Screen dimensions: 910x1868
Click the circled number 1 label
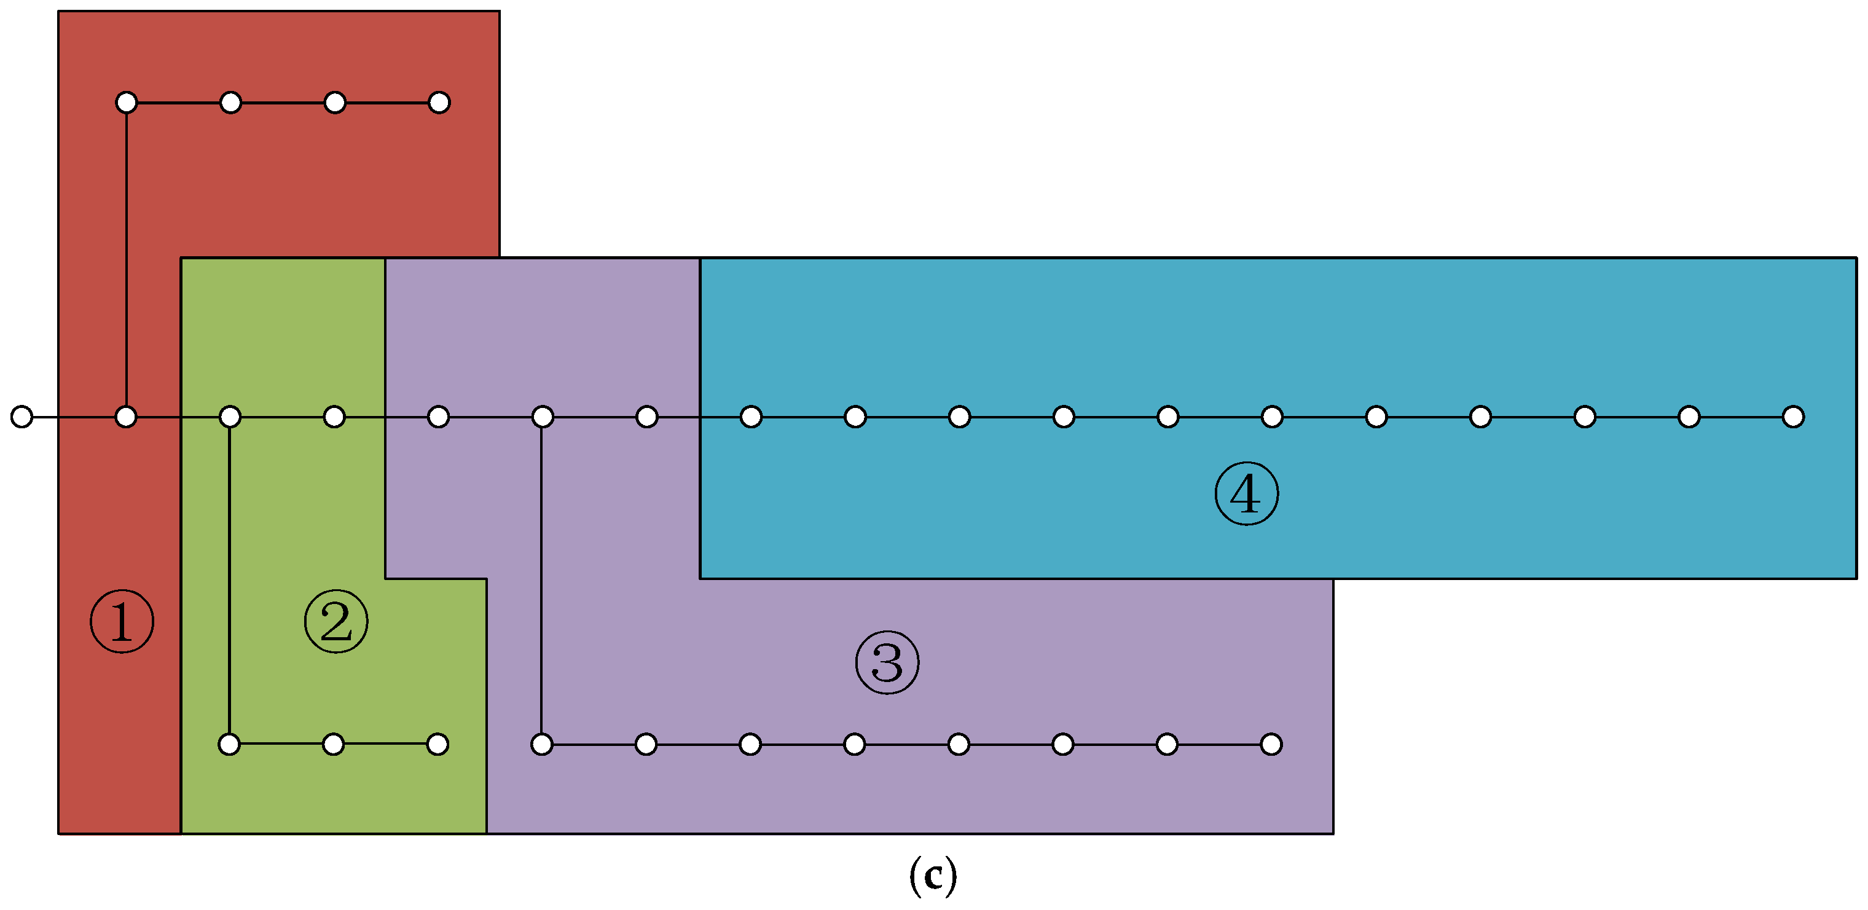coord(122,621)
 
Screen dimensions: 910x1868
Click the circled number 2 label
coord(336,621)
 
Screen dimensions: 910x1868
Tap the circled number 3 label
coord(887,662)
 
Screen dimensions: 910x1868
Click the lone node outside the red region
coord(22,417)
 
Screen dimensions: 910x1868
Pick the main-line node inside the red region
coord(126,417)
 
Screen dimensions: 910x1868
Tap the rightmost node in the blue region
coord(1792,417)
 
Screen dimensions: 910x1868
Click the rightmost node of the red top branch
coord(439,102)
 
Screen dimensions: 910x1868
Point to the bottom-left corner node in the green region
coord(229,744)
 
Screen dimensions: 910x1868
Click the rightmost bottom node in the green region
coord(438,744)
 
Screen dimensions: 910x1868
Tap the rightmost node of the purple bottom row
coord(1271,744)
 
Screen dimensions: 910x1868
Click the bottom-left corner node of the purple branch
coord(542,744)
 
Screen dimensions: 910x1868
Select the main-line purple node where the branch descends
coord(543,417)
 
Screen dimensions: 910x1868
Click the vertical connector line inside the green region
coord(229,580)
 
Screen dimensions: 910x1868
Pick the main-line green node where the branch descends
coord(230,417)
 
